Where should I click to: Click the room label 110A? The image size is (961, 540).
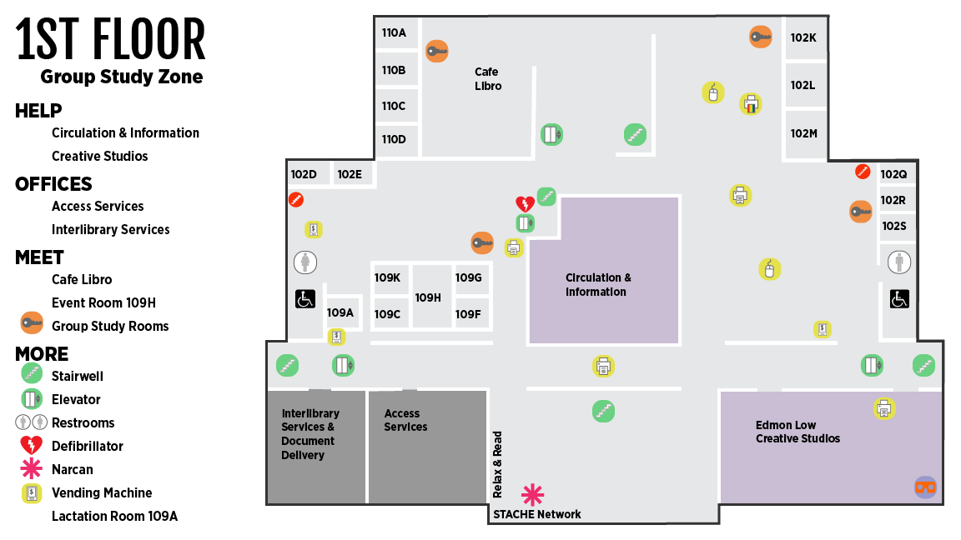point(394,33)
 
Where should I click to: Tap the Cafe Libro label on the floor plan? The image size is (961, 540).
point(488,79)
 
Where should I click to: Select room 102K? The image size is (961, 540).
point(803,38)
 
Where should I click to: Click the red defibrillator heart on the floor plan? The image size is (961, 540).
point(525,204)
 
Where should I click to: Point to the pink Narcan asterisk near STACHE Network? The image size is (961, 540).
point(532,495)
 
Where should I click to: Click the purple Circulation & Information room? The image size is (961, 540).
point(604,270)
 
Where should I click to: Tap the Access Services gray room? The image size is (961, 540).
point(428,447)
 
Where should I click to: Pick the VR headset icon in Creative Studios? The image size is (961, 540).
point(925,487)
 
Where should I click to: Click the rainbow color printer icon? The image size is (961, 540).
point(751,104)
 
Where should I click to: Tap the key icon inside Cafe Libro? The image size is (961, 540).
point(437,52)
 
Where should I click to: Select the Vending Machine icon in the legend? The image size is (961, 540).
point(31,492)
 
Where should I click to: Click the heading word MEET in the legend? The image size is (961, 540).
point(39,257)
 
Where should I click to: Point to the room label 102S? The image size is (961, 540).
point(893,226)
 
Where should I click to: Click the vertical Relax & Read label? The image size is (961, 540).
point(497,465)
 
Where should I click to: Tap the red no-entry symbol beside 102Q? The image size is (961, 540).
point(863,172)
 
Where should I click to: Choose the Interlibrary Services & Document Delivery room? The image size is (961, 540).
point(316,447)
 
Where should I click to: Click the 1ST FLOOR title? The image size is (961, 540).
point(110,39)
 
